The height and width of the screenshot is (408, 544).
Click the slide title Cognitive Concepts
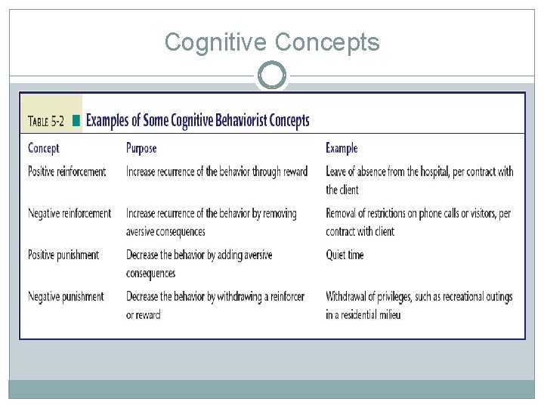pos(272,42)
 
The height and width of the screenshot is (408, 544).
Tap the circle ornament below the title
pos(272,76)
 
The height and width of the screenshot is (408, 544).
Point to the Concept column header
pos(44,148)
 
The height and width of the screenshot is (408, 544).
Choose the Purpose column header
pos(141,148)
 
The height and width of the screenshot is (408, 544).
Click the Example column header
pos(342,148)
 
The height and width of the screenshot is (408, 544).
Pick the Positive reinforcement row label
pos(66,172)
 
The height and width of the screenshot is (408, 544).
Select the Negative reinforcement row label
pos(69,213)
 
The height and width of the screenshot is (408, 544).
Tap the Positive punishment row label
pos(63,255)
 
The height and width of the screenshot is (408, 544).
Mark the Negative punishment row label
pos(66,296)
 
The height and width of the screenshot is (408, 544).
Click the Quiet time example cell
pos(345,255)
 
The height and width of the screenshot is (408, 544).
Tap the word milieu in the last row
pos(386,314)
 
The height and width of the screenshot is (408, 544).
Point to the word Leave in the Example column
pos(337,172)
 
